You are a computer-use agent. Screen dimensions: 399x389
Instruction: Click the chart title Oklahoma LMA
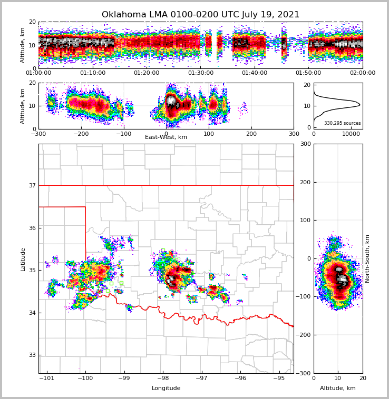pyautogui.click(x=200, y=15)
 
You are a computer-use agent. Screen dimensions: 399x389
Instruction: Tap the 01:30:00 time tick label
pyautogui.click(x=200, y=73)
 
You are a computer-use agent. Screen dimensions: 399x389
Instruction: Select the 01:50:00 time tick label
pyautogui.click(x=308, y=73)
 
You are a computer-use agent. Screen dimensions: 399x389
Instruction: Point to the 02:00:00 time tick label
pyautogui.click(x=362, y=73)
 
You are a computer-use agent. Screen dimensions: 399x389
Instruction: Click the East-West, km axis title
pyautogui.click(x=166, y=137)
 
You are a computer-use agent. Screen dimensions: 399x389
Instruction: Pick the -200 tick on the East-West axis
pyautogui.click(x=81, y=134)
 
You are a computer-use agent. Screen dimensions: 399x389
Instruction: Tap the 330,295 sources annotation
pyautogui.click(x=343, y=123)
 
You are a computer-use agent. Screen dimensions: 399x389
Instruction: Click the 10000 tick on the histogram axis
pyautogui.click(x=351, y=134)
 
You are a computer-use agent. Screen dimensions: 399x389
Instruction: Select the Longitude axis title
pyautogui.click(x=166, y=388)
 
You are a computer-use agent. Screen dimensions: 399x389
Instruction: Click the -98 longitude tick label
pyautogui.click(x=163, y=378)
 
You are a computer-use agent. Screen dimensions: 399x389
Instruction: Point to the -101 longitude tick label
pyautogui.click(x=47, y=378)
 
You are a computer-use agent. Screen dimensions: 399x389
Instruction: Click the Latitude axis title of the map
pyautogui.click(x=23, y=259)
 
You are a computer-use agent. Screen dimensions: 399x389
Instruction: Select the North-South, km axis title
pyautogui.click(x=367, y=258)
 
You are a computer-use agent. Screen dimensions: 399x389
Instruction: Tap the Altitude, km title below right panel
pyautogui.click(x=338, y=388)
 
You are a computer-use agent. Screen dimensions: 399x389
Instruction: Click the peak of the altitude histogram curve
pyautogui.click(x=360, y=105)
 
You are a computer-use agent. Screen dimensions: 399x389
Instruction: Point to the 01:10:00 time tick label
pyautogui.click(x=92, y=73)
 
